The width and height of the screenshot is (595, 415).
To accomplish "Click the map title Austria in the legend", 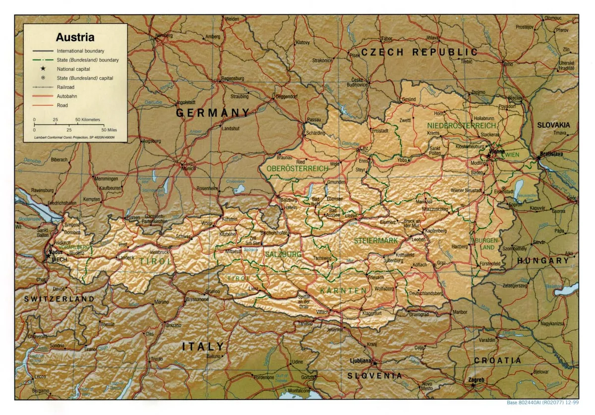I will coord(75,38).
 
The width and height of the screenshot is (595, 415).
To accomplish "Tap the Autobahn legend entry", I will coord(66,96).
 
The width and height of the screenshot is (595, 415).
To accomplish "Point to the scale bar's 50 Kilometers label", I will coord(88,120).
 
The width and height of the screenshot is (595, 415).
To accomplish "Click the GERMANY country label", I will coord(213,113).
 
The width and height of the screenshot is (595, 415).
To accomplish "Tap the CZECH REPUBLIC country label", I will coord(419,52).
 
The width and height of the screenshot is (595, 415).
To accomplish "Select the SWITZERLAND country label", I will coord(59,299).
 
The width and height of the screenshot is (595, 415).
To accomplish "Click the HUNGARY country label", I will coord(543,260).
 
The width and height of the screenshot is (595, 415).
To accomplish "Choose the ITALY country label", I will coord(203,346).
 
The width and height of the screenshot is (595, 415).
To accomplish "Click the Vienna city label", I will coord(496,151).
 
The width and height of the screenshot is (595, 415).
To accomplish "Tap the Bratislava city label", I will coord(552,154).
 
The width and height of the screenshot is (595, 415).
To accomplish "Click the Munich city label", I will coord(188,168).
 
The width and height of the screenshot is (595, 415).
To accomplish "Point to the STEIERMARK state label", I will coord(376,241).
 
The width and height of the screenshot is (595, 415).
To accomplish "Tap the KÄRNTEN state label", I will coord(343,290).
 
